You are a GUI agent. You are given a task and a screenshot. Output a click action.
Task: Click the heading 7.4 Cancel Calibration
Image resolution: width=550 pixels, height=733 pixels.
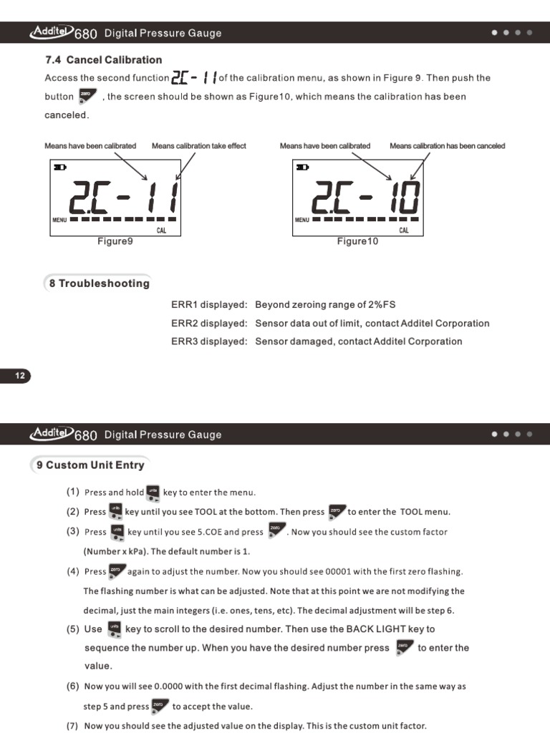tap(103, 60)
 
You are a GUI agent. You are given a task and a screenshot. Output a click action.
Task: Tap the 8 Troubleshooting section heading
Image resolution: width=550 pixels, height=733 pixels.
tap(99, 283)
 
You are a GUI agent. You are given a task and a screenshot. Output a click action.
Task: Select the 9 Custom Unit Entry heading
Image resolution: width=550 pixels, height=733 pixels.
tap(90, 465)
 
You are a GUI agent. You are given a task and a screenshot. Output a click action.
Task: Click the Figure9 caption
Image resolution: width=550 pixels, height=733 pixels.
tap(115, 242)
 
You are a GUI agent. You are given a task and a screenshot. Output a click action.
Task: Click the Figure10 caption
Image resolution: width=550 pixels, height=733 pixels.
tap(357, 242)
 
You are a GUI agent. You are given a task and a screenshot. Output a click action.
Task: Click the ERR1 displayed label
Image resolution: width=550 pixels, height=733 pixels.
tap(209, 305)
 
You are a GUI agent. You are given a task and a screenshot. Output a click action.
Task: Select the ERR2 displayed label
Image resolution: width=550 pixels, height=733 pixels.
tap(209, 324)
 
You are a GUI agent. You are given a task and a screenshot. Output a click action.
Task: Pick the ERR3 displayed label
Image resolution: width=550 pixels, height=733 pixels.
tap(209, 341)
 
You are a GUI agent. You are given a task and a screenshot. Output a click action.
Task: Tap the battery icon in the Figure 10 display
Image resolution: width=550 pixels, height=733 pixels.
tap(303, 167)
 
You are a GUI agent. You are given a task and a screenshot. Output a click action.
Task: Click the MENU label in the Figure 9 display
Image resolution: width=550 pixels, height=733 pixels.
tap(59, 220)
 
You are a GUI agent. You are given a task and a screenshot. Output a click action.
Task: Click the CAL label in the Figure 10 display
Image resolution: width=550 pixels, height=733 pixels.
tap(404, 230)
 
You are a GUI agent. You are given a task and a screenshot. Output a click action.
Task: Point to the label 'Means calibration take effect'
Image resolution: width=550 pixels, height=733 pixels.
tap(198, 146)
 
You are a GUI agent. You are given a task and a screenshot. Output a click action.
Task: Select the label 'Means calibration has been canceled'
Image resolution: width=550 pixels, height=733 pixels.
tap(447, 146)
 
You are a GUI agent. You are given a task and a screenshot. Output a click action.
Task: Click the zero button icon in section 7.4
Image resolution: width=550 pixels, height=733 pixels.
tap(87, 96)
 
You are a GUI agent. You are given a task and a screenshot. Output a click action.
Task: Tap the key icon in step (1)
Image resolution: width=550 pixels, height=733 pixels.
tap(153, 492)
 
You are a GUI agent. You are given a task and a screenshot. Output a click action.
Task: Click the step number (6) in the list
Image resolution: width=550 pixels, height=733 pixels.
tap(73, 686)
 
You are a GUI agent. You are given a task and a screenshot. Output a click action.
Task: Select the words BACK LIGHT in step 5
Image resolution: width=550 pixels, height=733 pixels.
tap(375, 629)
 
